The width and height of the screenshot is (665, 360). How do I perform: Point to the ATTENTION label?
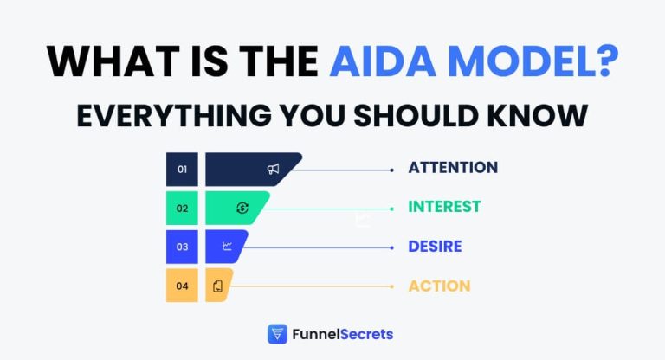(x=453, y=168)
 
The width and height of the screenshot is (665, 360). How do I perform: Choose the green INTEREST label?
(x=444, y=207)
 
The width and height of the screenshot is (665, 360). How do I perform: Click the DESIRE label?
(x=435, y=247)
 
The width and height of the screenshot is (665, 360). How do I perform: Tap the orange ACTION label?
(x=439, y=286)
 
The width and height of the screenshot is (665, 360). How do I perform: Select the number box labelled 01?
(x=182, y=169)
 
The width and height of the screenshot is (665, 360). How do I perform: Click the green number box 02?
(x=182, y=208)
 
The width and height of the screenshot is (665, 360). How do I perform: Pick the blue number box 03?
(x=182, y=247)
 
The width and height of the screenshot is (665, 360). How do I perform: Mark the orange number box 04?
(x=182, y=286)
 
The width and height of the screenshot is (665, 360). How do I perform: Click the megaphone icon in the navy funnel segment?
(x=274, y=169)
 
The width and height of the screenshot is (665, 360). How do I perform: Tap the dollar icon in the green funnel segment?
(x=242, y=208)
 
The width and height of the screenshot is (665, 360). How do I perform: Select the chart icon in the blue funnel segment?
(x=228, y=247)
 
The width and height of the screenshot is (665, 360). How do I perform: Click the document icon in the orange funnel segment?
(x=217, y=286)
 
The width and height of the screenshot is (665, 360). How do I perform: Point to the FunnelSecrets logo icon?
(x=277, y=334)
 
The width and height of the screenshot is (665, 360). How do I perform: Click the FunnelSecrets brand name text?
(x=343, y=334)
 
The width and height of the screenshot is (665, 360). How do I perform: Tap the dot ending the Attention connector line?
(x=392, y=170)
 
